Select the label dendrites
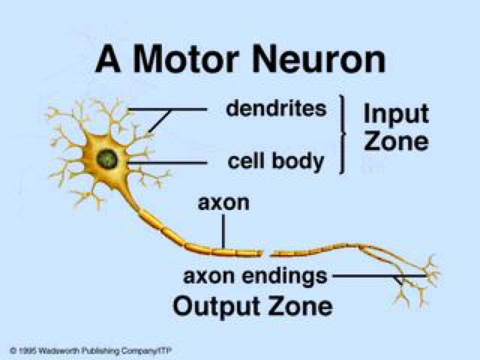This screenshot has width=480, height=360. pyautogui.click(x=276, y=109)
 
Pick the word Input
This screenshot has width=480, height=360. pyautogui.click(x=395, y=114)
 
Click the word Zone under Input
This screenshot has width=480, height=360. pyautogui.click(x=395, y=142)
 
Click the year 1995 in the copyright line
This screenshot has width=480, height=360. pyautogui.click(x=28, y=350)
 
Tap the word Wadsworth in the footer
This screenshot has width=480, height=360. pyautogui.click(x=61, y=350)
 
